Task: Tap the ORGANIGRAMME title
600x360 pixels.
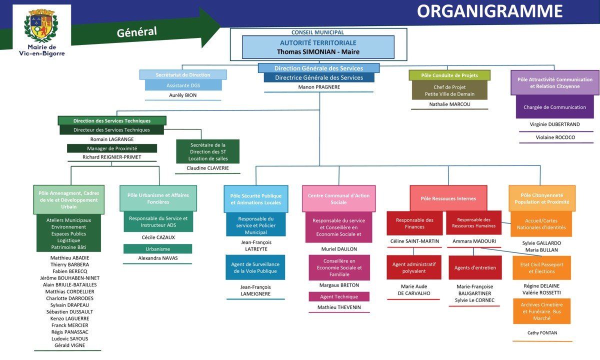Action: pos(489,11)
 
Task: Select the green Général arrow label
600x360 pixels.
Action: pos(137,32)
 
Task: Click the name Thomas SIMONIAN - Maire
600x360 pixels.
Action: pos(318,51)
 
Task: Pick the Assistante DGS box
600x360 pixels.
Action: pos(183,85)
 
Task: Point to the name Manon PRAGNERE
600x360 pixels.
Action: pos(318,86)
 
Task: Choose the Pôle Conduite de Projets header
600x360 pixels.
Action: pos(449,75)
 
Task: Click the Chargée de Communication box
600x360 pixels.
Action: pos(554,107)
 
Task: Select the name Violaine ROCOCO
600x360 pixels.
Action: pos(555,137)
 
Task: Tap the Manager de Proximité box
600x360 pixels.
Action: pos(112,148)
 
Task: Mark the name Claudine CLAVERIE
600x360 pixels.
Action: pos(207,168)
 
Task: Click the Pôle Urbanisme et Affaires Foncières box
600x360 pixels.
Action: pos(158,198)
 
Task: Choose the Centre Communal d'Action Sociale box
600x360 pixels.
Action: pos(338,198)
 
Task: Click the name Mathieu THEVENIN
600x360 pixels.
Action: pos(338,307)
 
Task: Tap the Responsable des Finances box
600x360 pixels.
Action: pos(414,223)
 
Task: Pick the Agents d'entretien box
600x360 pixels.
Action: pos(474,267)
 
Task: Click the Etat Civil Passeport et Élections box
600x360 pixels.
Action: pos(541,268)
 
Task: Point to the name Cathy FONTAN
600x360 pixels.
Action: pos(542,332)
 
